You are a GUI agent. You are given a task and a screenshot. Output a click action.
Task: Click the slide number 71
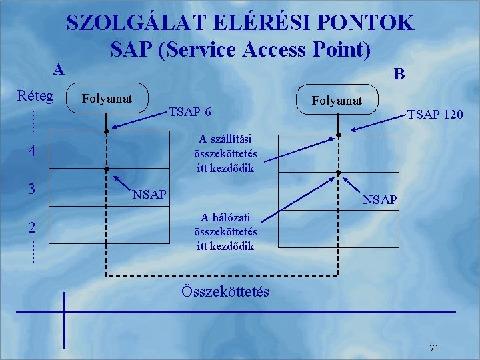pyautogui.click(x=434, y=347)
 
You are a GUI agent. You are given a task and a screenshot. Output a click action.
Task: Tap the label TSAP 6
pyautogui.click(x=190, y=111)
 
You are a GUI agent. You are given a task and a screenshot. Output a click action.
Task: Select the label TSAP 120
pyautogui.click(x=435, y=115)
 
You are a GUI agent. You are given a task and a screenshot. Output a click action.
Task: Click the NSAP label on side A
pyautogui.click(x=150, y=195)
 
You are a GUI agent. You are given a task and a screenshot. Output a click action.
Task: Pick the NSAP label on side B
pyautogui.click(x=380, y=199)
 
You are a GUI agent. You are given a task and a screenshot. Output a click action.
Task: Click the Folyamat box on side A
pyautogui.click(x=107, y=99)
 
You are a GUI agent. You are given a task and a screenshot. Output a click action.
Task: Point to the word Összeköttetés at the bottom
pyautogui.click(x=225, y=291)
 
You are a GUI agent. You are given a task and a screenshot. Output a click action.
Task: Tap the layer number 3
pyautogui.click(x=32, y=189)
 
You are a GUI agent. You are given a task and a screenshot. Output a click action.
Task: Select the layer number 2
pyautogui.click(x=32, y=227)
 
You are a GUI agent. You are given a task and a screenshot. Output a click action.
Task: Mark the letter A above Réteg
pyautogui.click(x=59, y=69)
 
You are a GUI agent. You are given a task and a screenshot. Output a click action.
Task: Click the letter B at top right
pyautogui.click(x=399, y=73)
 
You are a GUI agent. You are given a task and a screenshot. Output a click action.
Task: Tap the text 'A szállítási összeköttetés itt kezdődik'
pyautogui.click(x=225, y=153)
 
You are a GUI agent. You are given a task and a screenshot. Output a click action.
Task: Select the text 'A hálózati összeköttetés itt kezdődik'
pyautogui.click(x=225, y=231)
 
